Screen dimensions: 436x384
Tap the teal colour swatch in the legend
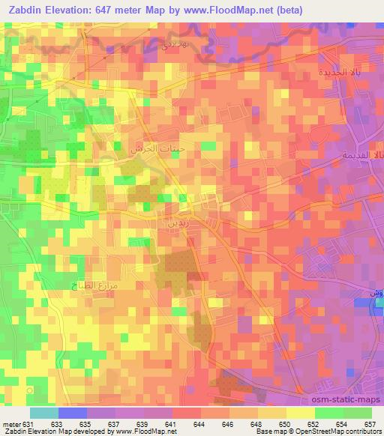point(44,413)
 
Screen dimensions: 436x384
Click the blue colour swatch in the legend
point(73,413)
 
